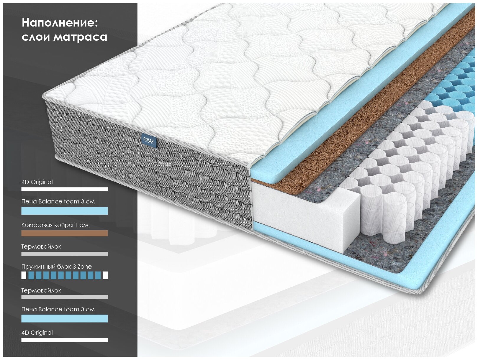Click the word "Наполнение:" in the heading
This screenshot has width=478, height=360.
tap(60, 23)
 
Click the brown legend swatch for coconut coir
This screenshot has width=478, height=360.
tap(64, 233)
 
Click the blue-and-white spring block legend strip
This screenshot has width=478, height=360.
tap(64, 275)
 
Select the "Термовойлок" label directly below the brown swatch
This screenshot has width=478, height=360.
tap(41, 246)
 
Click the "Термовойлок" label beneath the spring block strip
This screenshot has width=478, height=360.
tap(41, 290)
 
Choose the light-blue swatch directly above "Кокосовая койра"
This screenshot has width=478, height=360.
tap(64, 211)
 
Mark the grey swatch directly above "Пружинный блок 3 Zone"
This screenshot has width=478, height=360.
tap(64, 254)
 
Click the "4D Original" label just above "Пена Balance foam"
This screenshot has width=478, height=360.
tap(37, 182)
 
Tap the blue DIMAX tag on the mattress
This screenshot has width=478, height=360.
tap(148, 141)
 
